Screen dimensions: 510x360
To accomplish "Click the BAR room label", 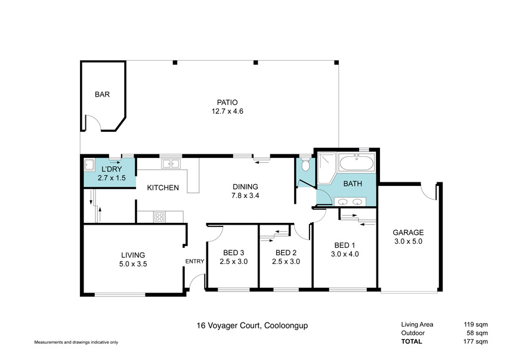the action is click(x=102, y=95).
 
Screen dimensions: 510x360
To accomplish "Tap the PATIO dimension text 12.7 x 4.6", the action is click(x=227, y=111).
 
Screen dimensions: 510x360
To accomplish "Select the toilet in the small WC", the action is click(x=305, y=165).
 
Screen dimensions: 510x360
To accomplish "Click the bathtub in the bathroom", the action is click(x=357, y=163).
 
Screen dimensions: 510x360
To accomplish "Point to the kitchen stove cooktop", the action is click(x=159, y=217).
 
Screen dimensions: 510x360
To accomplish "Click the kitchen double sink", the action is click(x=171, y=164).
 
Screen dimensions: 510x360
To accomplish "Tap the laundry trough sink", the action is click(x=89, y=165).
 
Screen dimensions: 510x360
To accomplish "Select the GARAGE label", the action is click(x=408, y=232).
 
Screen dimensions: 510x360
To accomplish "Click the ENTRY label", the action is click(x=195, y=261).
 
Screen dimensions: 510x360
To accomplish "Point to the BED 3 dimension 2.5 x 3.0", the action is click(x=234, y=262).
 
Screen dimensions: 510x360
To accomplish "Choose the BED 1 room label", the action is click(x=345, y=246).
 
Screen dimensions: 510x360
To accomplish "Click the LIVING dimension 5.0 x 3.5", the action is click(x=133, y=264).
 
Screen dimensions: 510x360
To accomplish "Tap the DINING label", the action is click(x=245, y=187).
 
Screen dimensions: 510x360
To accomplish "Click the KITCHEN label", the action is click(x=163, y=188).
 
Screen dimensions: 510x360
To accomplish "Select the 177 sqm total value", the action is click(x=475, y=342).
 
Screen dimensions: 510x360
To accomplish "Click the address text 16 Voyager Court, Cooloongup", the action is click(x=252, y=325).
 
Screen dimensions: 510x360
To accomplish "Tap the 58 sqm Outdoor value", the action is click(x=477, y=333).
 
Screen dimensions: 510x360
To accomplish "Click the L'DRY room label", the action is click(x=112, y=169).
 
